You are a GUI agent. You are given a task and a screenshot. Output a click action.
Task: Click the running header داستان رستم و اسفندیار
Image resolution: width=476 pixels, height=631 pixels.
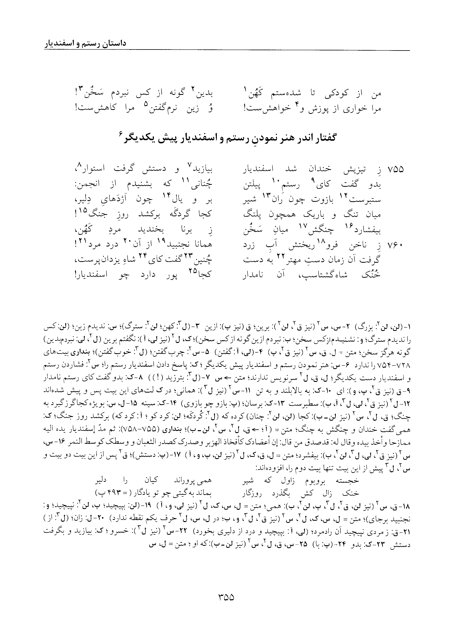pyautogui.click(x=85, y=44)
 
